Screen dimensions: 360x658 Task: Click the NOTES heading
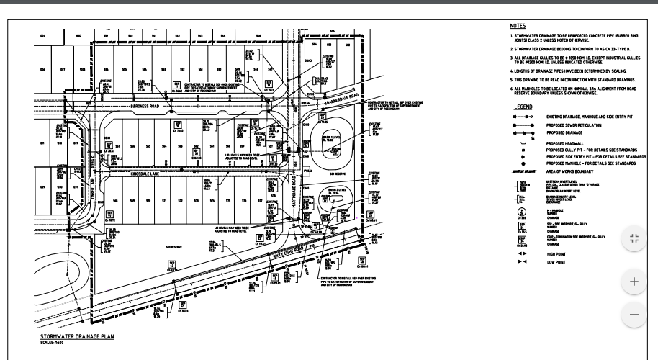click(x=518, y=25)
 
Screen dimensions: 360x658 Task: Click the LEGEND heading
click(x=523, y=107)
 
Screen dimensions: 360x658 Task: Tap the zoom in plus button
click(x=634, y=282)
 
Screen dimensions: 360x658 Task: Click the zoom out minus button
click(x=634, y=315)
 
